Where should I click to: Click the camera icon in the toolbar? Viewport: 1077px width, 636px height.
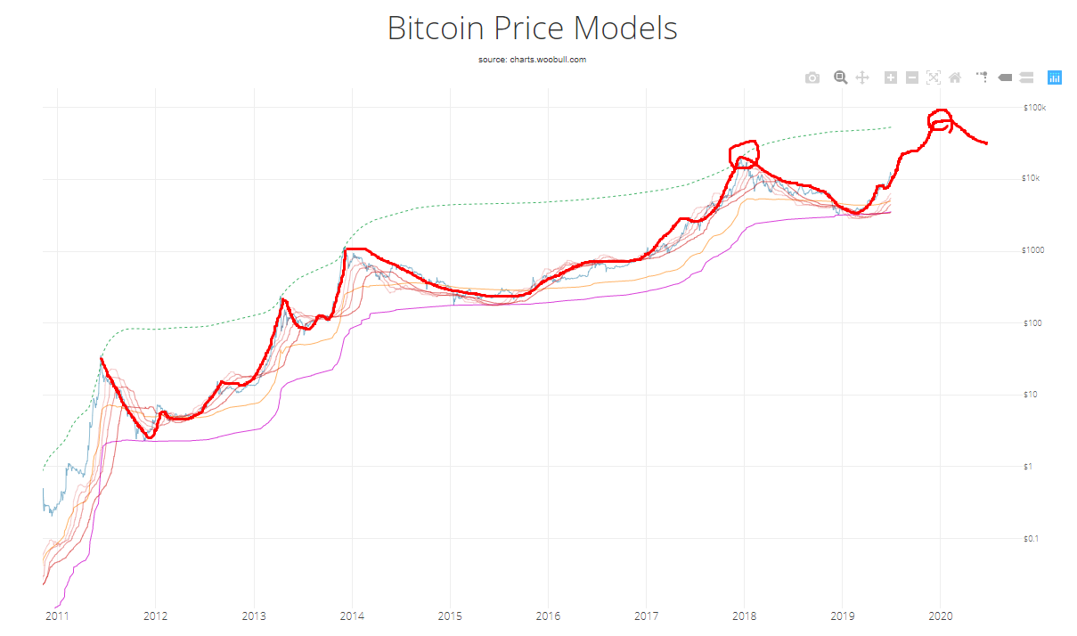(x=812, y=78)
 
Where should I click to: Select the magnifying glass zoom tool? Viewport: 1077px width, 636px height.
(x=840, y=77)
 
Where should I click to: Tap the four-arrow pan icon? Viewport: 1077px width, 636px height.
(x=862, y=77)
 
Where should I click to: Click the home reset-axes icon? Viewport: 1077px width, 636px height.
(x=955, y=77)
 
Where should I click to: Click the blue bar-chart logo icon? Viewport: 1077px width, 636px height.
(x=1054, y=77)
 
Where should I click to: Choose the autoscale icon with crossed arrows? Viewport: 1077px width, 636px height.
(x=933, y=77)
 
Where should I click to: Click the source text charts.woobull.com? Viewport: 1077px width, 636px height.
(x=532, y=60)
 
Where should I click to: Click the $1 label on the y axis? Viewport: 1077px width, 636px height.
(x=1028, y=466)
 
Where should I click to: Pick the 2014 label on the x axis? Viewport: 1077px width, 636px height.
(x=352, y=616)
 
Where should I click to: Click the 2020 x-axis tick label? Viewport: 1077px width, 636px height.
(x=941, y=616)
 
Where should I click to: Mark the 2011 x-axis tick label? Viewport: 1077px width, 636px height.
(x=57, y=616)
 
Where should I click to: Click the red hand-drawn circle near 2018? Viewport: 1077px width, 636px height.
(x=743, y=153)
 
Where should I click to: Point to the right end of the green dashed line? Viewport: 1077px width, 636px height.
(x=890, y=127)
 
